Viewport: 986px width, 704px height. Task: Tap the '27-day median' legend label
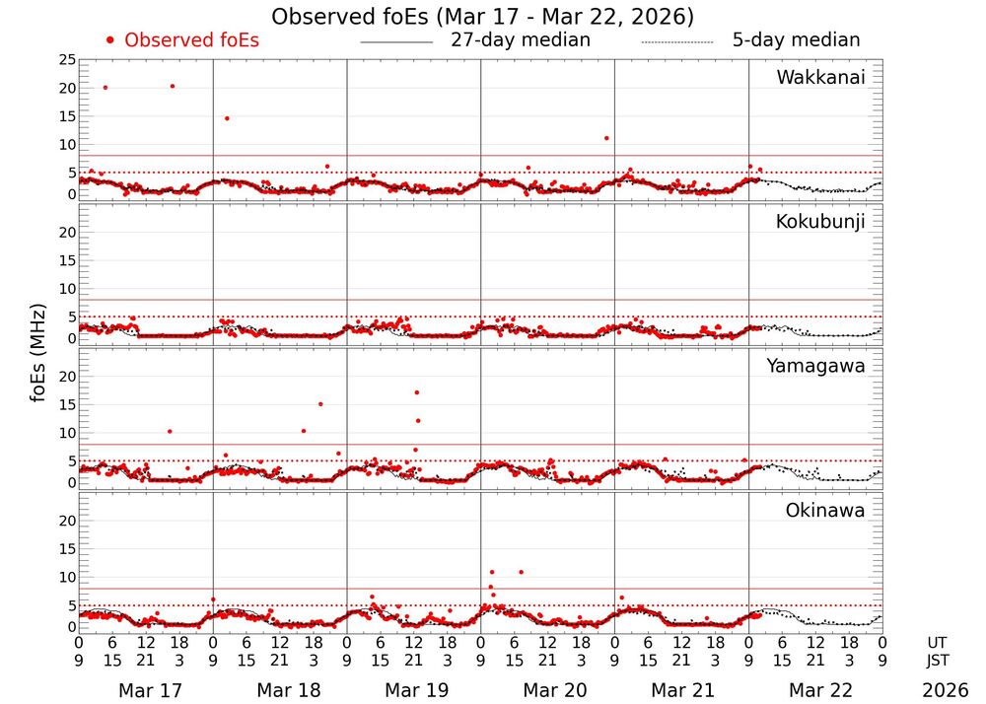point(520,40)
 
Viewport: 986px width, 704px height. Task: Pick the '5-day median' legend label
point(796,40)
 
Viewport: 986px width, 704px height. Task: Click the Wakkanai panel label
point(820,78)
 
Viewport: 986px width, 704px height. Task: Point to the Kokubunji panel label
point(820,222)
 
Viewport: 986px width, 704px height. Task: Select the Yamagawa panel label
point(816,366)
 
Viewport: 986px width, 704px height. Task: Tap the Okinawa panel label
point(825,510)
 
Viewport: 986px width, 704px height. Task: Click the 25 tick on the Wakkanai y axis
point(67,60)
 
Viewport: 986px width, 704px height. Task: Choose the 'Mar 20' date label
point(547,690)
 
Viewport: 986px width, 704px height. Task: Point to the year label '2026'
point(946,690)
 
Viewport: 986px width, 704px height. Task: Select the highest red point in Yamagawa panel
point(417,392)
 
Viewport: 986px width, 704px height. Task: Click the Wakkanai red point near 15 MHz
point(227,118)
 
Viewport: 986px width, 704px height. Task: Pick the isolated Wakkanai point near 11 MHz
point(606,138)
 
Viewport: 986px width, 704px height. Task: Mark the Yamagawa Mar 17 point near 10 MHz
point(170,431)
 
